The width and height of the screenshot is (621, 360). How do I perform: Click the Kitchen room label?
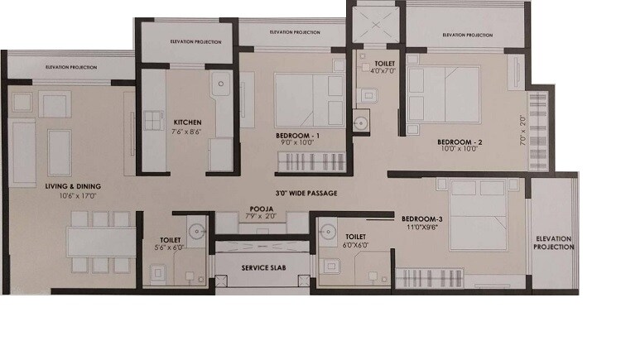click(187, 122)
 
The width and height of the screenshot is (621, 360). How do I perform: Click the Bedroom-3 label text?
click(422, 218)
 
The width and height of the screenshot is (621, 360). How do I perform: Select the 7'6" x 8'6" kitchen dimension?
click(187, 132)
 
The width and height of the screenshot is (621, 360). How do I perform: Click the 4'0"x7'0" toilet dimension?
click(384, 71)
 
